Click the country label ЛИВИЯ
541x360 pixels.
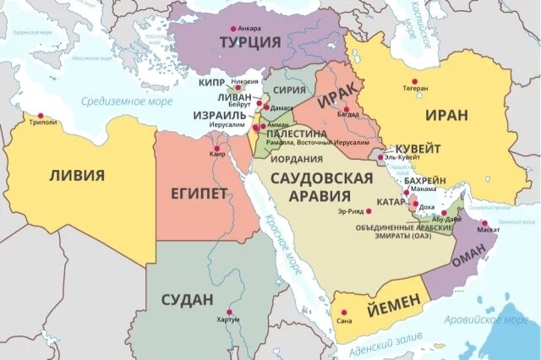point(77,176)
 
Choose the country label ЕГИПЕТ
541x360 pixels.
point(199,194)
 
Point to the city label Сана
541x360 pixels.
point(344,321)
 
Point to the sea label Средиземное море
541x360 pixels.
point(127,101)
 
